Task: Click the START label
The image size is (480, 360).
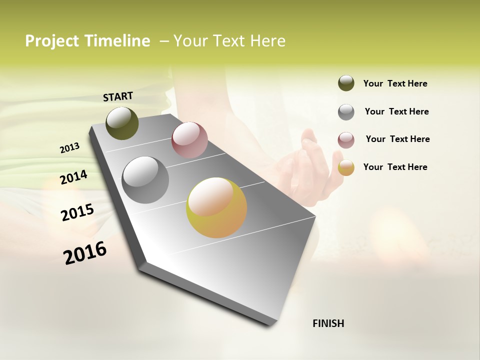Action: tap(118, 96)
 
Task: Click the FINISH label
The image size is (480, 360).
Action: tap(328, 323)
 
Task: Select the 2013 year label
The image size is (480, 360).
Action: tap(69, 148)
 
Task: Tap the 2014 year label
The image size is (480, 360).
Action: tap(73, 177)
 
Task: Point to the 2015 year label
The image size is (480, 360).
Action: tap(77, 212)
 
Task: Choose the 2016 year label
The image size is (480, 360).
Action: tap(85, 252)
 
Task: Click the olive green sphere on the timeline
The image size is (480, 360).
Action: tap(122, 123)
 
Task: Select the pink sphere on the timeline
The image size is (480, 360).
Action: tap(189, 139)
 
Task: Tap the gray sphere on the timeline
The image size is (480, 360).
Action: tap(145, 180)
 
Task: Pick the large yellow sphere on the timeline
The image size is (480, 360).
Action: tap(216, 207)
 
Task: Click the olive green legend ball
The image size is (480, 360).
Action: tap(346, 83)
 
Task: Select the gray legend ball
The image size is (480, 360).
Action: tap(346, 111)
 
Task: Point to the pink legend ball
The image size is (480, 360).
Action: tap(346, 139)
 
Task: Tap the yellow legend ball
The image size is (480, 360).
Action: tap(346, 167)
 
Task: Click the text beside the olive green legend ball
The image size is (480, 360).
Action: tap(395, 83)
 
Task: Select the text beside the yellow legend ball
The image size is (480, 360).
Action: tap(395, 167)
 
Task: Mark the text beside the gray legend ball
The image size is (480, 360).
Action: tap(396, 111)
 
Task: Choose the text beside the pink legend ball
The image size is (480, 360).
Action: tap(397, 139)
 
